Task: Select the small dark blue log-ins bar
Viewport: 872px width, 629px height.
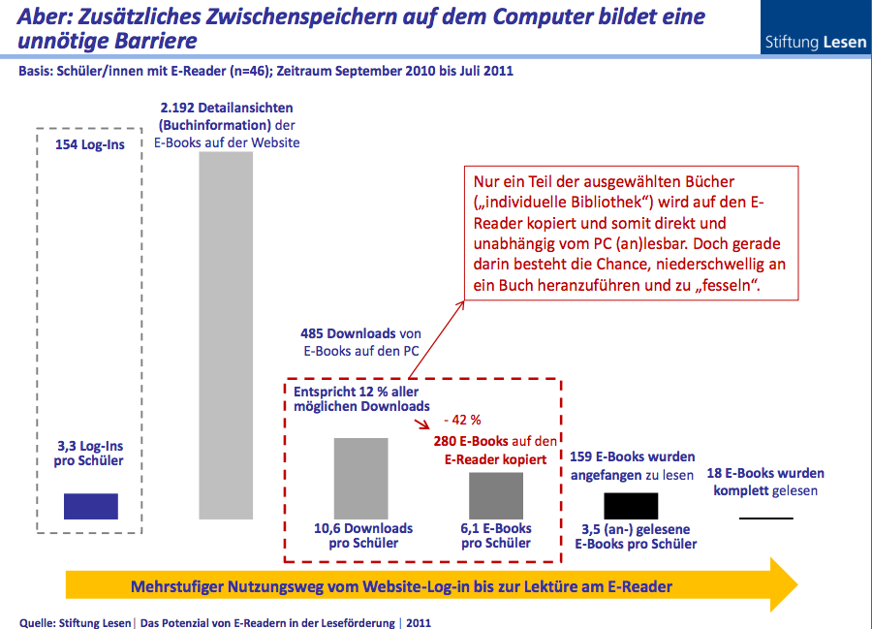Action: [90, 506]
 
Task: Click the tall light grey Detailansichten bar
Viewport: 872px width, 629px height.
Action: [225, 334]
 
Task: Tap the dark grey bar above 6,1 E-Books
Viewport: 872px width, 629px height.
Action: [495, 494]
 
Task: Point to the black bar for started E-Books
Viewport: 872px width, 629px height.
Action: [631, 505]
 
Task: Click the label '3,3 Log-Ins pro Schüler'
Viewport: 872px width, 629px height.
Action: [90, 453]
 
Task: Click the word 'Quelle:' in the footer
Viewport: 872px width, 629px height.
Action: [38, 622]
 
